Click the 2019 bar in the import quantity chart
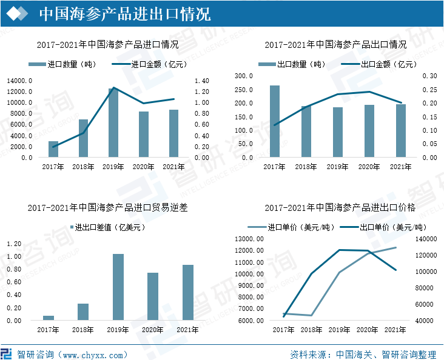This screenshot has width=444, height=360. coord(113,123)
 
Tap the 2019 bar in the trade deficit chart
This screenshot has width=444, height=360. coord(118,287)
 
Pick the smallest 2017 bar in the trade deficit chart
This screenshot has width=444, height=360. coord(49,318)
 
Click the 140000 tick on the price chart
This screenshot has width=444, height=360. coord(426,239)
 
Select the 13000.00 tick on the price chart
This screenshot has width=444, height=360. coord(249,239)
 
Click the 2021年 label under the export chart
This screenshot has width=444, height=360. coord(400,167)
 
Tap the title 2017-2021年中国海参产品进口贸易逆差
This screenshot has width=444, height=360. coord(107,207)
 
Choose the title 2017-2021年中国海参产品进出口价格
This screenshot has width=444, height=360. coord(340,207)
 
